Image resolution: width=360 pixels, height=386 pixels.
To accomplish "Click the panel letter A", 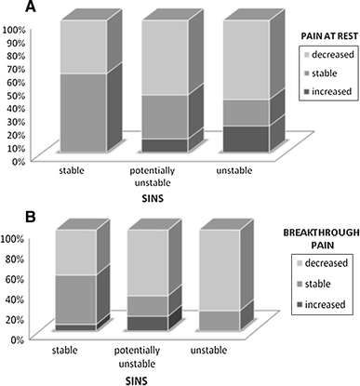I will (x=8, y=7).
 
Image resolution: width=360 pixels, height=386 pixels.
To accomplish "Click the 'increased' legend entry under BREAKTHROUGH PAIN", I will (x=327, y=304).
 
